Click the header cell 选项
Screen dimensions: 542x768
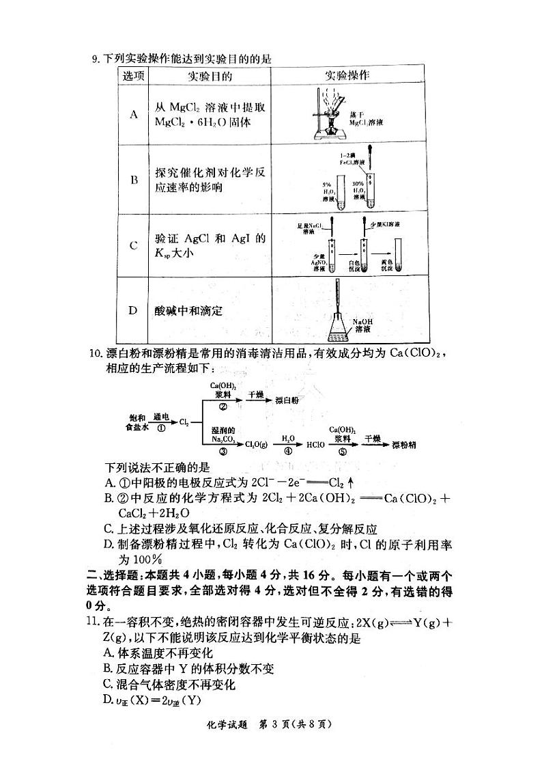134,76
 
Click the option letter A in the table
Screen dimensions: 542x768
134,114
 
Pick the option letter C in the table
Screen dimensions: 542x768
134,245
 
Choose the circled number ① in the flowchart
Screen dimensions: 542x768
161,428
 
